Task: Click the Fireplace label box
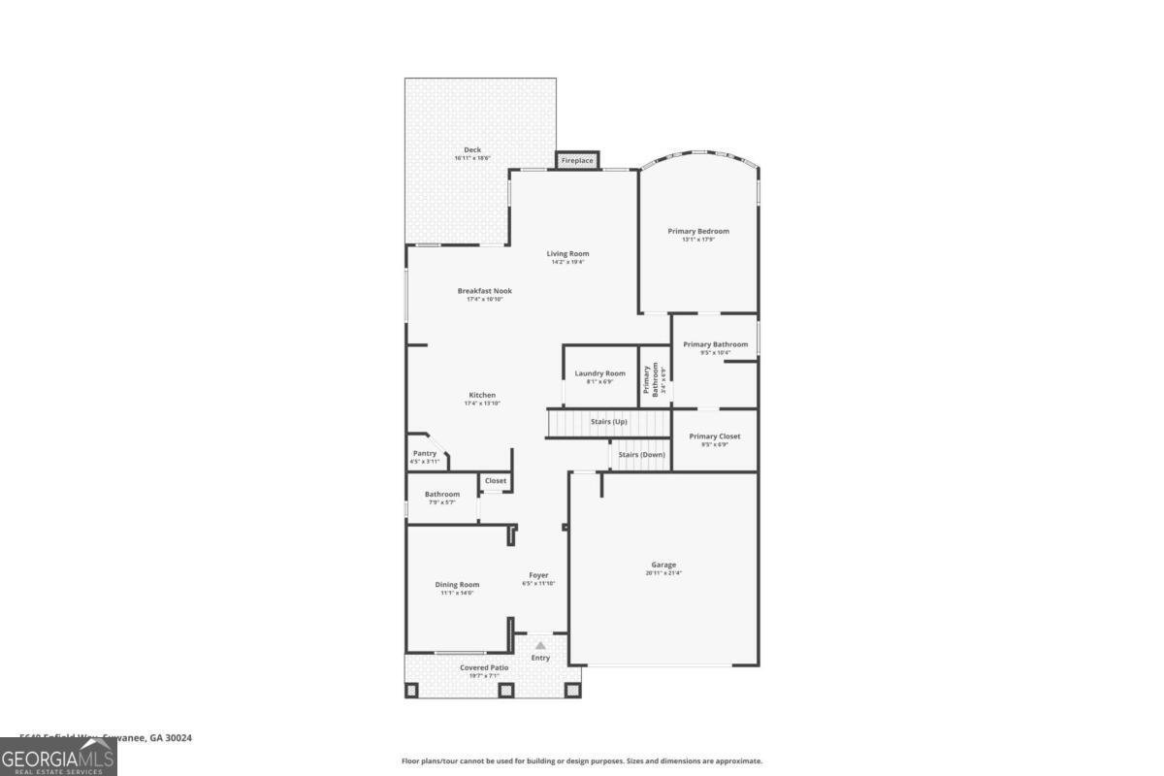577,160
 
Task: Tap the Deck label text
472,150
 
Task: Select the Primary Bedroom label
698,231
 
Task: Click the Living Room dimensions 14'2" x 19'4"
567,262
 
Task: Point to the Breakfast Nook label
485,291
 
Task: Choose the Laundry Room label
599,373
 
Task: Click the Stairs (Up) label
609,422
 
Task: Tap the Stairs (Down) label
641,455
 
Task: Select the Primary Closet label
715,436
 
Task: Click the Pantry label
425,453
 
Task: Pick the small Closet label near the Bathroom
496,480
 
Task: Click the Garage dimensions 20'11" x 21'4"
663,573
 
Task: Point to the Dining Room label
457,585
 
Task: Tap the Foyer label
538,575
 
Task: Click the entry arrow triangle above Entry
540,645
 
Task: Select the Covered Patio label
484,667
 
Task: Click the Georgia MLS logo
58,757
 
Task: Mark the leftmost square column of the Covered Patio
411,691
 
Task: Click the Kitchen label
482,395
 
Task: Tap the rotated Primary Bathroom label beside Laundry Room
650,378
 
